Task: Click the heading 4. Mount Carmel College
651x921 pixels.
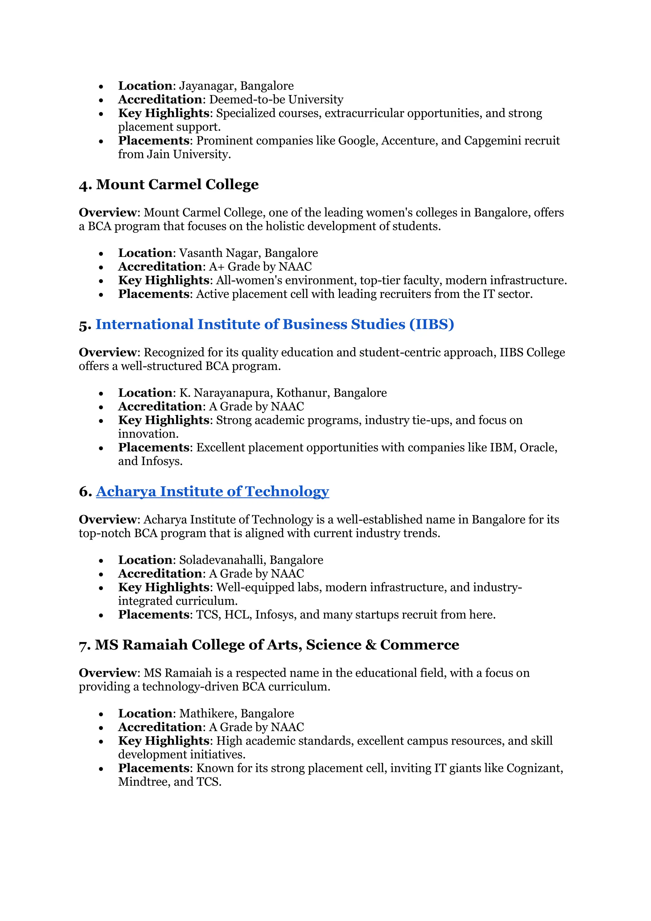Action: pyautogui.click(x=169, y=184)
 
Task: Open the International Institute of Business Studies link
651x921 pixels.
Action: pyautogui.click(x=274, y=324)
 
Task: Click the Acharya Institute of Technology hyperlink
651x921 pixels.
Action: pyautogui.click(x=212, y=491)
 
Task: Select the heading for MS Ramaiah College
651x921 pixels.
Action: pyautogui.click(x=269, y=645)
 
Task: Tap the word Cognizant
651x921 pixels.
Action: pyautogui.click(x=534, y=768)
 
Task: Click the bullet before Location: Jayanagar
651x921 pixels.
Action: pyautogui.click(x=101, y=87)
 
